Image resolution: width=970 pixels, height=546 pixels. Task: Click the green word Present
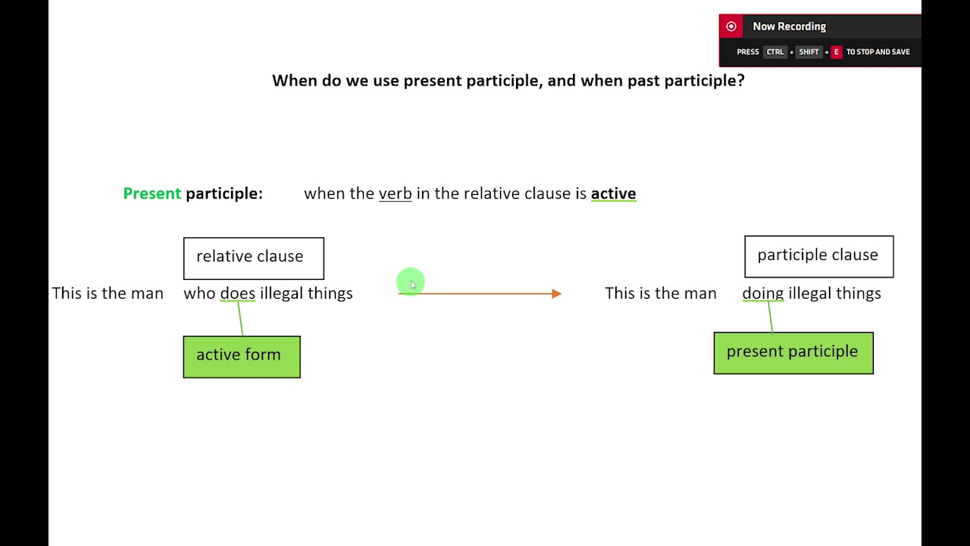point(152,193)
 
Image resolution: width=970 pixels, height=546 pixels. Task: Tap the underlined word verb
point(395,193)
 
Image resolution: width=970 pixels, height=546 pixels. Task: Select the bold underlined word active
point(613,193)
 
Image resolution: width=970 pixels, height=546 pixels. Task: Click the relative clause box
point(253,258)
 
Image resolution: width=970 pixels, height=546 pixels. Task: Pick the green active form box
point(242,356)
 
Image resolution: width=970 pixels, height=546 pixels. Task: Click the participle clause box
point(818,256)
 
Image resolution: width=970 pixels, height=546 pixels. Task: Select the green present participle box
point(793,353)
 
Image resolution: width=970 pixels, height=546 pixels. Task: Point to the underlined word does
point(237,293)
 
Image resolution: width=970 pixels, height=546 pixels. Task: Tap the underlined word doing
point(762,293)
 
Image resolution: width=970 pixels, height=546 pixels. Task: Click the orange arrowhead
point(557,293)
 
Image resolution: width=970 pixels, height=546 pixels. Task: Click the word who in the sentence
point(199,293)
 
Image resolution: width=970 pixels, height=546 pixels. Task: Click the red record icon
point(731,27)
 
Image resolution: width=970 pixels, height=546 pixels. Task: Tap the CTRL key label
point(775,52)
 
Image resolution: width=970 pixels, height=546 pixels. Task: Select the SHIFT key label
point(809,52)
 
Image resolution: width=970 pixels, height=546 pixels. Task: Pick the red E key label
point(836,52)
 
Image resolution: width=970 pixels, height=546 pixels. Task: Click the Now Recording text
point(789,27)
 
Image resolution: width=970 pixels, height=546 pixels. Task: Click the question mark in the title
point(740,80)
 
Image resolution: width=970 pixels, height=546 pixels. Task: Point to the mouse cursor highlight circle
point(410,282)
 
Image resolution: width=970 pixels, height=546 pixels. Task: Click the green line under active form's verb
point(240,318)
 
